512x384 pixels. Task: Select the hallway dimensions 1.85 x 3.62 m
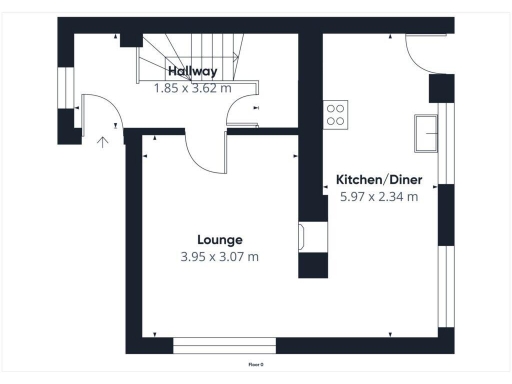[x=193, y=88]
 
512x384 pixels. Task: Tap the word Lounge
[x=220, y=240]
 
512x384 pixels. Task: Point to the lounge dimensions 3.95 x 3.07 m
[x=220, y=257]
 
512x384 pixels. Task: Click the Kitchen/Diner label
[x=379, y=179]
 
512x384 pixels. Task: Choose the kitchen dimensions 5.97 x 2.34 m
[x=379, y=196]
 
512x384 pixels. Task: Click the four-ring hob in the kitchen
[x=336, y=115]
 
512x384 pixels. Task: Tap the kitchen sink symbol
[x=428, y=132]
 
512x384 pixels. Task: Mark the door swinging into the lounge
[x=205, y=155]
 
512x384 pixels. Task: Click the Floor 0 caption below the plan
[x=256, y=366]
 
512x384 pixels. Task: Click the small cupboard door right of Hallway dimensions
[x=243, y=115]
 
